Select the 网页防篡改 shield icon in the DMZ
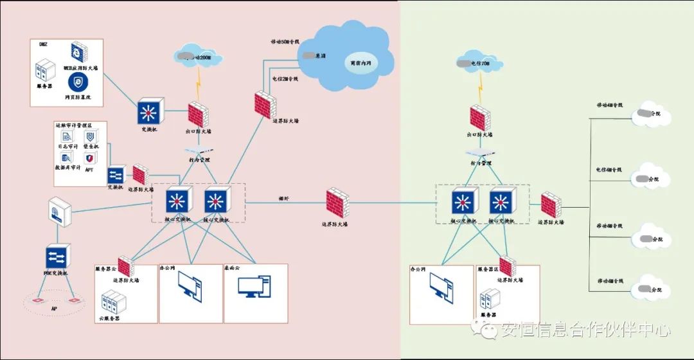point(78,82)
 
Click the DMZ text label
point(44,44)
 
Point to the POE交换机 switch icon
point(57,256)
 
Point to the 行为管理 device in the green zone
point(481,153)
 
